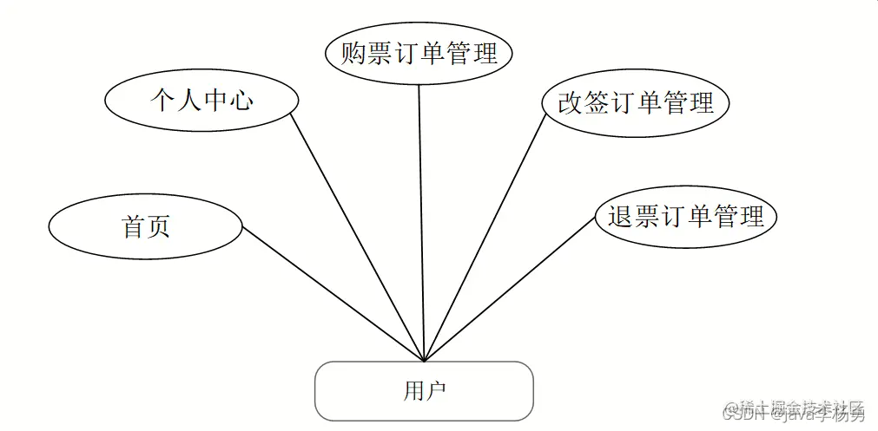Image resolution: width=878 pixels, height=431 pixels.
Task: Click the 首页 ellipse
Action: [x=145, y=226]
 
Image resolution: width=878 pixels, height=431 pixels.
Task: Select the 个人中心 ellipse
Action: [x=201, y=101]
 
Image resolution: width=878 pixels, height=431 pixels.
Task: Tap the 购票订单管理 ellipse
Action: [x=419, y=54]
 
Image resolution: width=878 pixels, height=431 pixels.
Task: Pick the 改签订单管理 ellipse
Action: [x=635, y=104]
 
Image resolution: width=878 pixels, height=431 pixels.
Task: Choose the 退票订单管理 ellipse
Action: [x=685, y=216]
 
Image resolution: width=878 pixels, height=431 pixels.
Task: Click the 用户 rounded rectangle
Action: [x=424, y=391]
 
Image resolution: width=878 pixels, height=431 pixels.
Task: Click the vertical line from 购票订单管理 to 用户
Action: [x=421, y=217]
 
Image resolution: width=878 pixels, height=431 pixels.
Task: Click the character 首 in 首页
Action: [x=133, y=226]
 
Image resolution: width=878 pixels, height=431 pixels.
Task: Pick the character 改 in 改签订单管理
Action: [x=570, y=104]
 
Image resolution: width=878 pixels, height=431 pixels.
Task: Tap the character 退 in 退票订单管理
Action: [x=620, y=216]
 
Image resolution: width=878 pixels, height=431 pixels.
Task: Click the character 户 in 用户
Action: [x=435, y=391]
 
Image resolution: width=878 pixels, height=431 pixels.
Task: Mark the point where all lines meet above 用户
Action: [x=424, y=361]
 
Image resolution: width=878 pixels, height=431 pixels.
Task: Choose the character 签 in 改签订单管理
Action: [x=597, y=104]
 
